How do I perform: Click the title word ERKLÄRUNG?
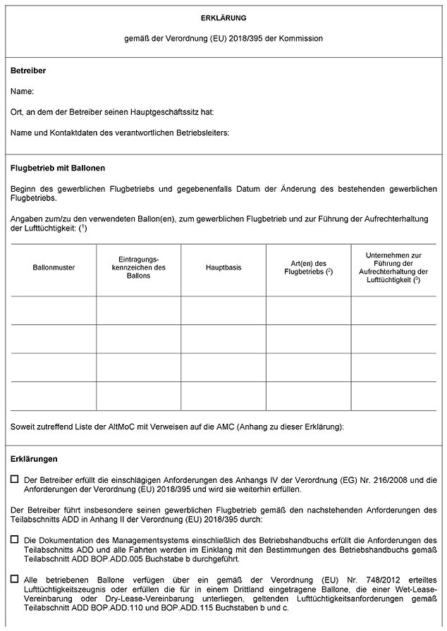(x=223, y=17)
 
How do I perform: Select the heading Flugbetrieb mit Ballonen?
(x=59, y=169)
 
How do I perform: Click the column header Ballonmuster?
(x=54, y=268)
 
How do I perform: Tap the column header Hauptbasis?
(x=223, y=268)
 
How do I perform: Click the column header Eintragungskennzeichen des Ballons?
(x=139, y=268)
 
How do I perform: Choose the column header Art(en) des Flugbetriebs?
(x=308, y=268)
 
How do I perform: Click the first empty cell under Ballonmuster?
(x=54, y=310)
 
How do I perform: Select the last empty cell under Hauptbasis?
(x=223, y=396)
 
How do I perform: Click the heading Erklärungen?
(x=35, y=458)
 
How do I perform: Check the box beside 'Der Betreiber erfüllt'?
(x=15, y=479)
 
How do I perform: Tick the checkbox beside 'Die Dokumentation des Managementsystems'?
(x=15, y=539)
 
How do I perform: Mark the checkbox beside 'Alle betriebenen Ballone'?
(x=15, y=579)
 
